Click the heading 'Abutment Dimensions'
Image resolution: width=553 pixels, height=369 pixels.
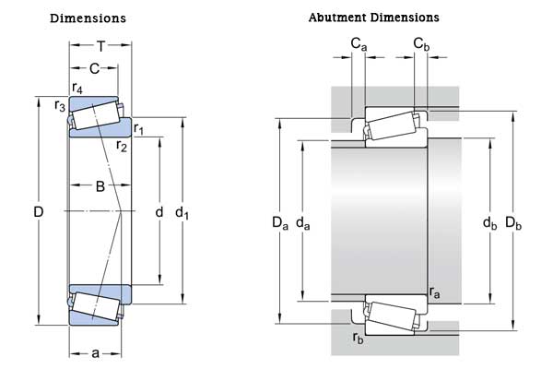[x=373, y=18]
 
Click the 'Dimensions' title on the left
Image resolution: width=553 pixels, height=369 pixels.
[x=88, y=18]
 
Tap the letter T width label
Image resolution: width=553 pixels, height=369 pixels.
[x=101, y=46]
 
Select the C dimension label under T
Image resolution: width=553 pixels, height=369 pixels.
[x=94, y=68]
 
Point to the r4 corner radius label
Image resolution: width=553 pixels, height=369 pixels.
[x=76, y=89]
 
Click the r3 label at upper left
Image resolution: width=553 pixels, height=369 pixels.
[x=60, y=105]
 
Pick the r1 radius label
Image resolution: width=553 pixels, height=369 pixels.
[x=138, y=128]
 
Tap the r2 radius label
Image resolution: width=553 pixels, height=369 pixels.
[x=122, y=146]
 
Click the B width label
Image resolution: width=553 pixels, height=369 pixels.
[x=100, y=186]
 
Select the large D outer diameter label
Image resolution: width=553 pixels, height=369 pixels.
[x=38, y=212]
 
